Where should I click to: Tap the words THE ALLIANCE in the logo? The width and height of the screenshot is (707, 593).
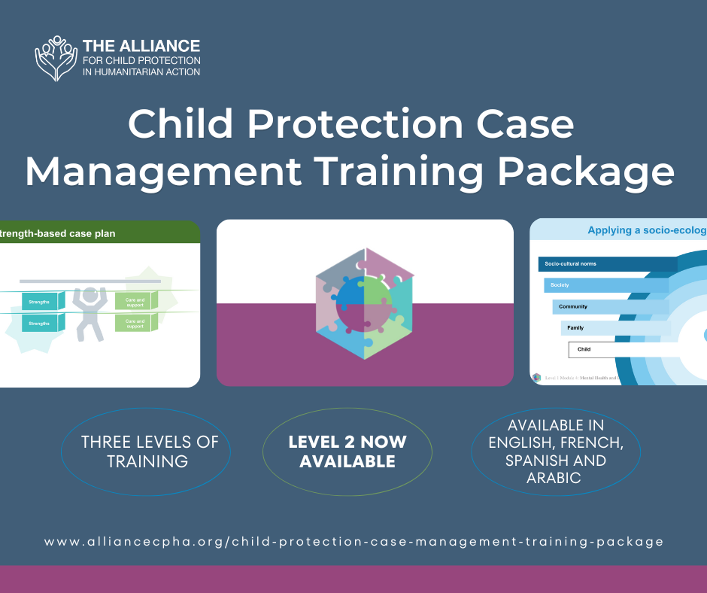[x=141, y=46]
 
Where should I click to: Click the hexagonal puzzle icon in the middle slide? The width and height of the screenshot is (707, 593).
[x=365, y=303]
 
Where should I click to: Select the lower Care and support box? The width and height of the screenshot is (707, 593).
[x=136, y=323]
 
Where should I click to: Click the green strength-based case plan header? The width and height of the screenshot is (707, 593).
[x=98, y=233]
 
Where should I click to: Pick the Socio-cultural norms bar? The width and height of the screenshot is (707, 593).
[x=607, y=264]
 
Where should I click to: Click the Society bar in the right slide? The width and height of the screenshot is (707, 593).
[x=605, y=285]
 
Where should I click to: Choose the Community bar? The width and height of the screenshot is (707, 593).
[x=610, y=307]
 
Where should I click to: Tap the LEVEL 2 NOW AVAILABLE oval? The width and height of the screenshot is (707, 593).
[x=347, y=452]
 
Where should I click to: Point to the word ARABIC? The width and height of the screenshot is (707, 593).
[x=556, y=478]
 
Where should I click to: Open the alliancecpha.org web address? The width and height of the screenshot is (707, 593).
[x=353, y=541]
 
